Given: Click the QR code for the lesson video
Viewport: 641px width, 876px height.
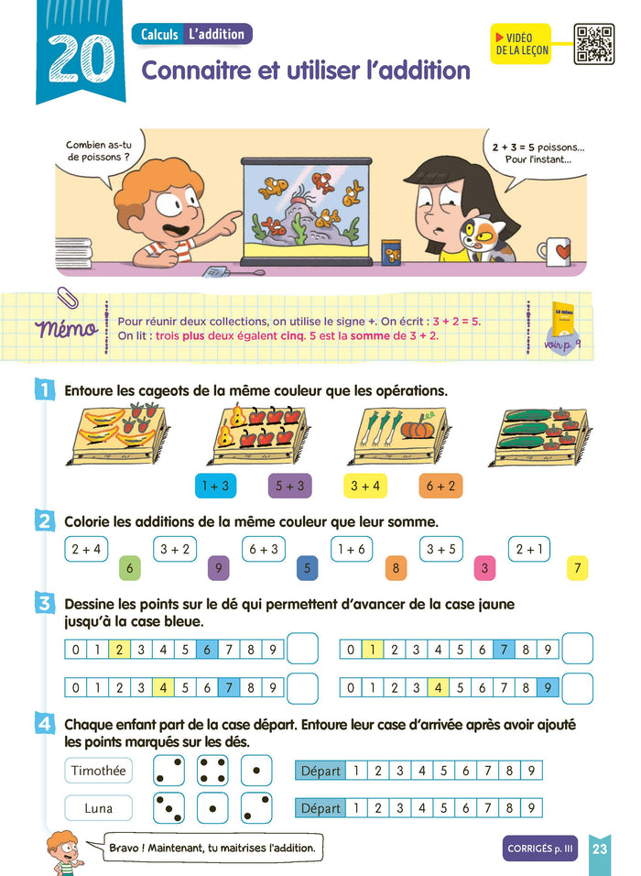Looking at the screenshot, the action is (594, 44).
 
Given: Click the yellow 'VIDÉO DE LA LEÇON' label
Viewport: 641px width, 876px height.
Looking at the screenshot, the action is (521, 44).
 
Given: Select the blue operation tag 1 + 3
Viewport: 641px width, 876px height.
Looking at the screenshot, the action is (215, 486).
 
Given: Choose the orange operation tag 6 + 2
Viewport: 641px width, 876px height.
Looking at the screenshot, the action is (440, 486).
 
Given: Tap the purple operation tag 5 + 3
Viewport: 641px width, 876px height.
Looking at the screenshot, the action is (289, 486).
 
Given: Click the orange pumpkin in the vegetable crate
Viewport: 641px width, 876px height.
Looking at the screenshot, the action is (418, 427).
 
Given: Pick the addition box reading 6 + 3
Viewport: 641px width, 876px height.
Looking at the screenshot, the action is (264, 549).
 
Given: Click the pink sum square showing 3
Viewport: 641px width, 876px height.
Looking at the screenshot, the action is (484, 568).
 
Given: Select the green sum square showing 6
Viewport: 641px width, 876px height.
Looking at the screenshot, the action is (129, 568).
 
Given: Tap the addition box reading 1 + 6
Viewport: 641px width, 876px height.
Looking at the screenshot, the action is (352, 549).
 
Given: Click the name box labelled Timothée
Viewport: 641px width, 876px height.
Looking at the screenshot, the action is (99, 771).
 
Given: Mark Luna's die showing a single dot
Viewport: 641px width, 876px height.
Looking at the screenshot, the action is (212, 808).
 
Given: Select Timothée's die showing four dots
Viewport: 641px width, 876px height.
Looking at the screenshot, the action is (212, 771).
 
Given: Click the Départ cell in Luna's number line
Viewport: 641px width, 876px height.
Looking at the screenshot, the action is (320, 808).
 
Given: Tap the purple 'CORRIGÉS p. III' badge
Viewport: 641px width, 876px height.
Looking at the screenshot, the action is (540, 849).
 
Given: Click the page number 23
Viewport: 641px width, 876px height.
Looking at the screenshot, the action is (600, 849).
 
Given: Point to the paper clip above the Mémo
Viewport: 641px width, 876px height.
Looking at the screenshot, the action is (68, 297).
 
